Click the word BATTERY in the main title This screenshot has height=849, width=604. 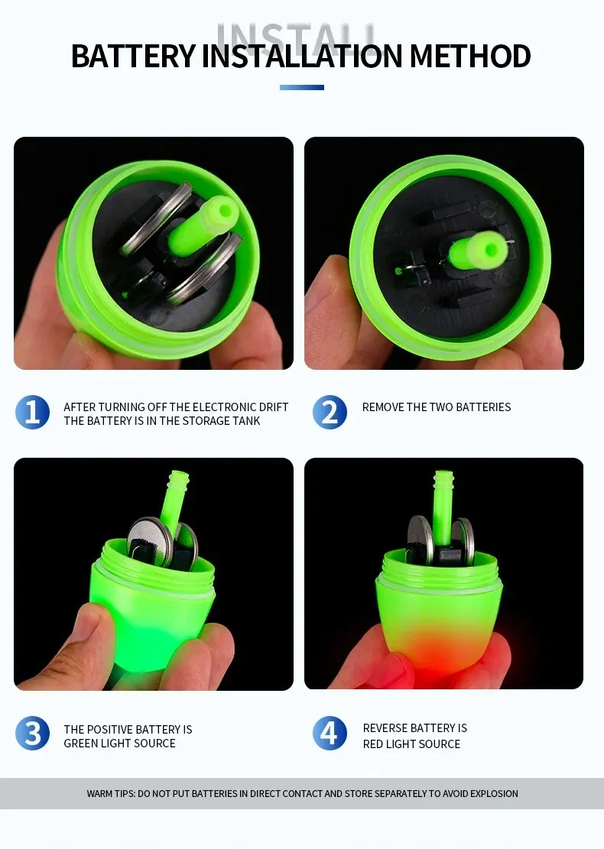[x=133, y=56]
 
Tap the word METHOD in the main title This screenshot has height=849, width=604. [x=470, y=56]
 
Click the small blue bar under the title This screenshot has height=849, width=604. [x=302, y=87]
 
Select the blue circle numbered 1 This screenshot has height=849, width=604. [x=33, y=412]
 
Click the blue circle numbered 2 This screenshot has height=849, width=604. [x=330, y=412]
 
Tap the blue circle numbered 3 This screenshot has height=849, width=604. [x=33, y=733]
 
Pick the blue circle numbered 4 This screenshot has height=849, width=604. [x=330, y=733]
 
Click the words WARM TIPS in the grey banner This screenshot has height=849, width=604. [x=111, y=794]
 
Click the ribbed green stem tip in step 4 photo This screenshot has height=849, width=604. [x=443, y=478]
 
